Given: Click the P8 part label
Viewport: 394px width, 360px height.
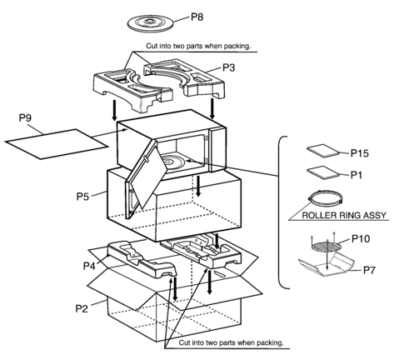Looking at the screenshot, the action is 197,17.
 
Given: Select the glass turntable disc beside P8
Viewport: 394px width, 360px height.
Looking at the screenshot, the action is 150,23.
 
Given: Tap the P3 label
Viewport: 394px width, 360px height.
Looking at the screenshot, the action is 228,67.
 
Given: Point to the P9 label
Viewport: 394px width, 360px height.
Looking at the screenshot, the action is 25,117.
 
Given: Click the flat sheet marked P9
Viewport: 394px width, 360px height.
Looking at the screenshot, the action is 57,144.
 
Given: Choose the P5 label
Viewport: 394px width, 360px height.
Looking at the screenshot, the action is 82,197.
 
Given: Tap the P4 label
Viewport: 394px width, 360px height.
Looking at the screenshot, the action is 89,266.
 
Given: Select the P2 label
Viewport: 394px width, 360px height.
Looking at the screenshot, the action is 82,308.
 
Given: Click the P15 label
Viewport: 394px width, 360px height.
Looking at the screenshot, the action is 360,152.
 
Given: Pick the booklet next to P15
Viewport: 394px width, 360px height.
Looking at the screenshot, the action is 323,151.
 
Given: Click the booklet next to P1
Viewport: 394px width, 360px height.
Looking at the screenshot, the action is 323,172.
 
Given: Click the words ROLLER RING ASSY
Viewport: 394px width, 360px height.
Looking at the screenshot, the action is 344,215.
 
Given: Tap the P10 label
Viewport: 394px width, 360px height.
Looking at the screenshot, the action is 361,238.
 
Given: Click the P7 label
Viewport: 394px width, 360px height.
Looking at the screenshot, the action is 370,270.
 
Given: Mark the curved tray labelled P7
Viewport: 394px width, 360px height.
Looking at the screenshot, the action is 327,266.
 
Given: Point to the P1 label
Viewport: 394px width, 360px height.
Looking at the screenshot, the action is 357,175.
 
